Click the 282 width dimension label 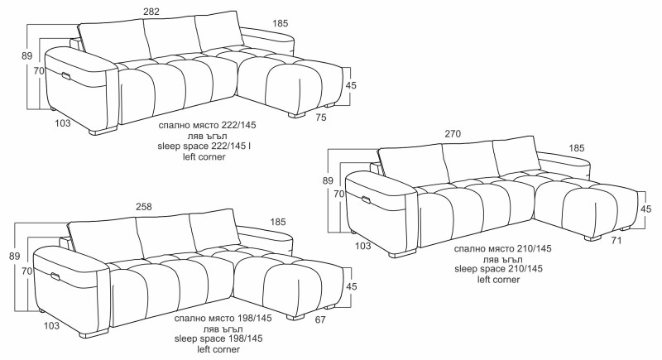tap(151, 12)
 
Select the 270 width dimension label tap(453, 134)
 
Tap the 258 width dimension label tap(143, 207)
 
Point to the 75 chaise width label tap(321, 118)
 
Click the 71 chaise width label tap(616, 241)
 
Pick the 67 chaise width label tap(320, 320)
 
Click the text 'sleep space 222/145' tap(202, 146)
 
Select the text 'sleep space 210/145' tap(499, 268)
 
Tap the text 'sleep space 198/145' tap(218, 338)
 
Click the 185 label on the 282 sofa tap(281, 24)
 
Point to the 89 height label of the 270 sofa tap(328, 180)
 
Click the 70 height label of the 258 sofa tap(26, 271)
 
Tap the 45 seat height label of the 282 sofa tap(351, 85)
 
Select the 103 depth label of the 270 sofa tap(363, 246)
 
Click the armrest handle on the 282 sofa tap(67, 76)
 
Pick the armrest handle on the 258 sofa tap(55, 276)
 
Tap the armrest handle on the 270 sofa tap(366, 199)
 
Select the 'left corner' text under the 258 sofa tap(218, 349)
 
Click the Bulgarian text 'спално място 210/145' tap(503, 248)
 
